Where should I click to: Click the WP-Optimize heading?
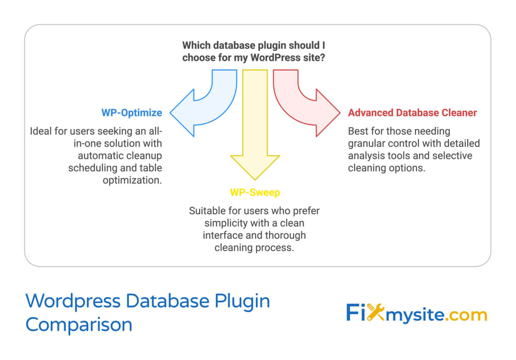pos(132,113)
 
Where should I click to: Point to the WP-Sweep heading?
pos(255,192)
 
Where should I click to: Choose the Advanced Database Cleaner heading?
pos(412,113)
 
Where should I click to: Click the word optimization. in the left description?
pos(132,180)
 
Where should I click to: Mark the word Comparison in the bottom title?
pos(79,325)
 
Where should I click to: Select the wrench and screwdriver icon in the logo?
pos(375,313)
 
